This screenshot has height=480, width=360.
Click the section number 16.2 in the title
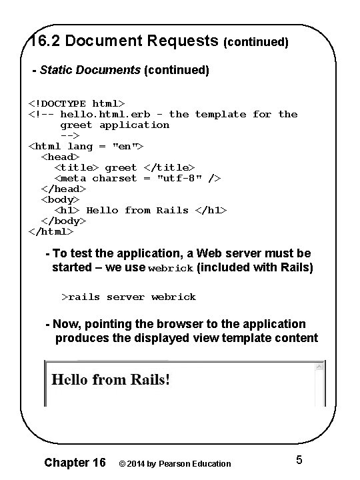[44, 41]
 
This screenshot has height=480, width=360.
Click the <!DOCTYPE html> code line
[76, 103]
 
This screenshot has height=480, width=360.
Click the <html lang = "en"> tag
[86, 146]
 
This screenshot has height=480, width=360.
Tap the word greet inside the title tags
[121, 167]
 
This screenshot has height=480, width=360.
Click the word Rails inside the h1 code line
[173, 210]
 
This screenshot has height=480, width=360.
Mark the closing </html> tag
[51, 231]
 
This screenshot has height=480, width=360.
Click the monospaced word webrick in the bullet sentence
[171, 268]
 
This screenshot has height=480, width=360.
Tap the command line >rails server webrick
[129, 297]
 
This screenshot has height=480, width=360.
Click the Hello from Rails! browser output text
[111, 380]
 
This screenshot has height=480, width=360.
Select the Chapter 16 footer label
[75, 463]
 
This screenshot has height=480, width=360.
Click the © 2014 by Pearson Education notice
[175, 463]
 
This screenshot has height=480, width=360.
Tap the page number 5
[299, 460]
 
